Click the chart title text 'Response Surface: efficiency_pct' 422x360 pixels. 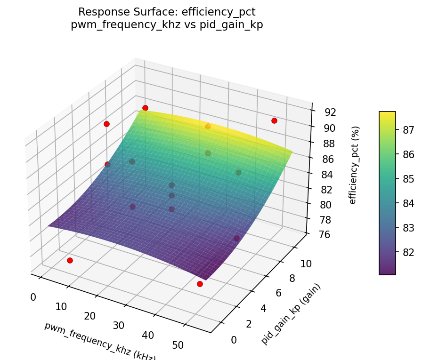[167, 12]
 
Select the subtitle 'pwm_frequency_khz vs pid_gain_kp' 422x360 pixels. [167, 25]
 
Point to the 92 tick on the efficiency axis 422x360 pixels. [330, 112]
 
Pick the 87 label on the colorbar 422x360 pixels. [408, 129]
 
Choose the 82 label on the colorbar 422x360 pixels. [408, 252]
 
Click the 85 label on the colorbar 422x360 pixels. [408, 179]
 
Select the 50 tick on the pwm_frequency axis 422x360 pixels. [178, 345]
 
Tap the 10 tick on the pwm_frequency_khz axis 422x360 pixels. [61, 307]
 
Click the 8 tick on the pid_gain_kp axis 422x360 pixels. [292, 279]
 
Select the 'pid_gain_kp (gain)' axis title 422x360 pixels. [291, 314]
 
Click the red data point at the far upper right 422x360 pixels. [274, 121]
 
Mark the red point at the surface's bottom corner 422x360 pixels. [200, 284]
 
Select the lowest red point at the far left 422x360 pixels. [70, 261]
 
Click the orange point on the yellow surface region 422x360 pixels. [208, 127]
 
